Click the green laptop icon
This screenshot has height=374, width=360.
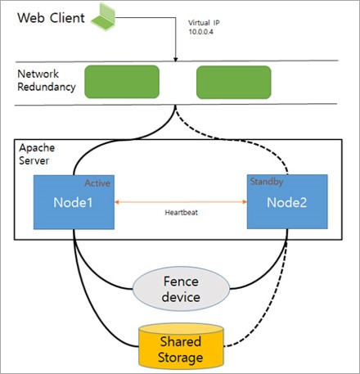click(103, 17)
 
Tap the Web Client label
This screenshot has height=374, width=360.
click(51, 18)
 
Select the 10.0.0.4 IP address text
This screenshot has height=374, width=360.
click(201, 32)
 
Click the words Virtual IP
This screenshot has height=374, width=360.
click(204, 23)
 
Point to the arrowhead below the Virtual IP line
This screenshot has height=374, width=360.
click(176, 59)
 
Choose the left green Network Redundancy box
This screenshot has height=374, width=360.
click(122, 82)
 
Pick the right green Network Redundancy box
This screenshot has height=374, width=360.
click(234, 82)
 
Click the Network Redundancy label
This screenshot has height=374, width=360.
click(47, 80)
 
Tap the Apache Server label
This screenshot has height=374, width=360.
click(37, 154)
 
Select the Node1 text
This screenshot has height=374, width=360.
click(73, 202)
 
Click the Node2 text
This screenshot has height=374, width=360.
click(286, 202)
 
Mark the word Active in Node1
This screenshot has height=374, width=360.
click(97, 183)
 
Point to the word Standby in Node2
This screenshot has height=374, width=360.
click(267, 182)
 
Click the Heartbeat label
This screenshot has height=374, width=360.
click(181, 213)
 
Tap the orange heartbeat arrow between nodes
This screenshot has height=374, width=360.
click(181, 202)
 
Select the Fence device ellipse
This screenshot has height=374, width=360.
click(181, 289)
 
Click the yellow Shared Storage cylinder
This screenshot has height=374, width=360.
click(181, 345)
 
